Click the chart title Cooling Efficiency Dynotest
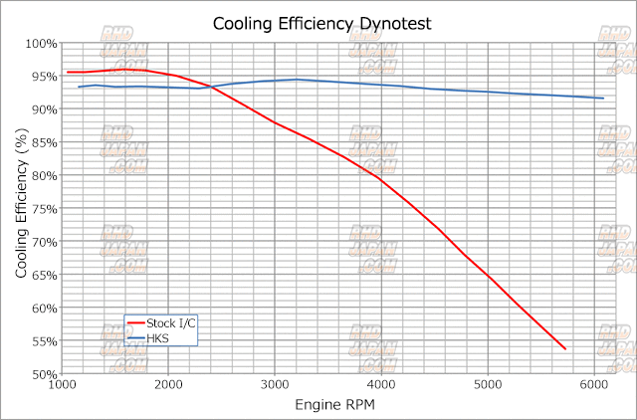click(x=318, y=23)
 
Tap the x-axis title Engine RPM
click(x=334, y=404)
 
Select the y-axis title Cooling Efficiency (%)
click(x=21, y=209)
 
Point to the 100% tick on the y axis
click(x=43, y=44)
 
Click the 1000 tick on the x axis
click(x=63, y=385)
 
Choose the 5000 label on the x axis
click(x=488, y=385)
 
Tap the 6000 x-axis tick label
click(x=594, y=385)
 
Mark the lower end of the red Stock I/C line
click(x=565, y=349)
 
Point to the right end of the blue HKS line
click(x=604, y=98)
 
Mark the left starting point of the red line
click(x=67, y=72)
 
